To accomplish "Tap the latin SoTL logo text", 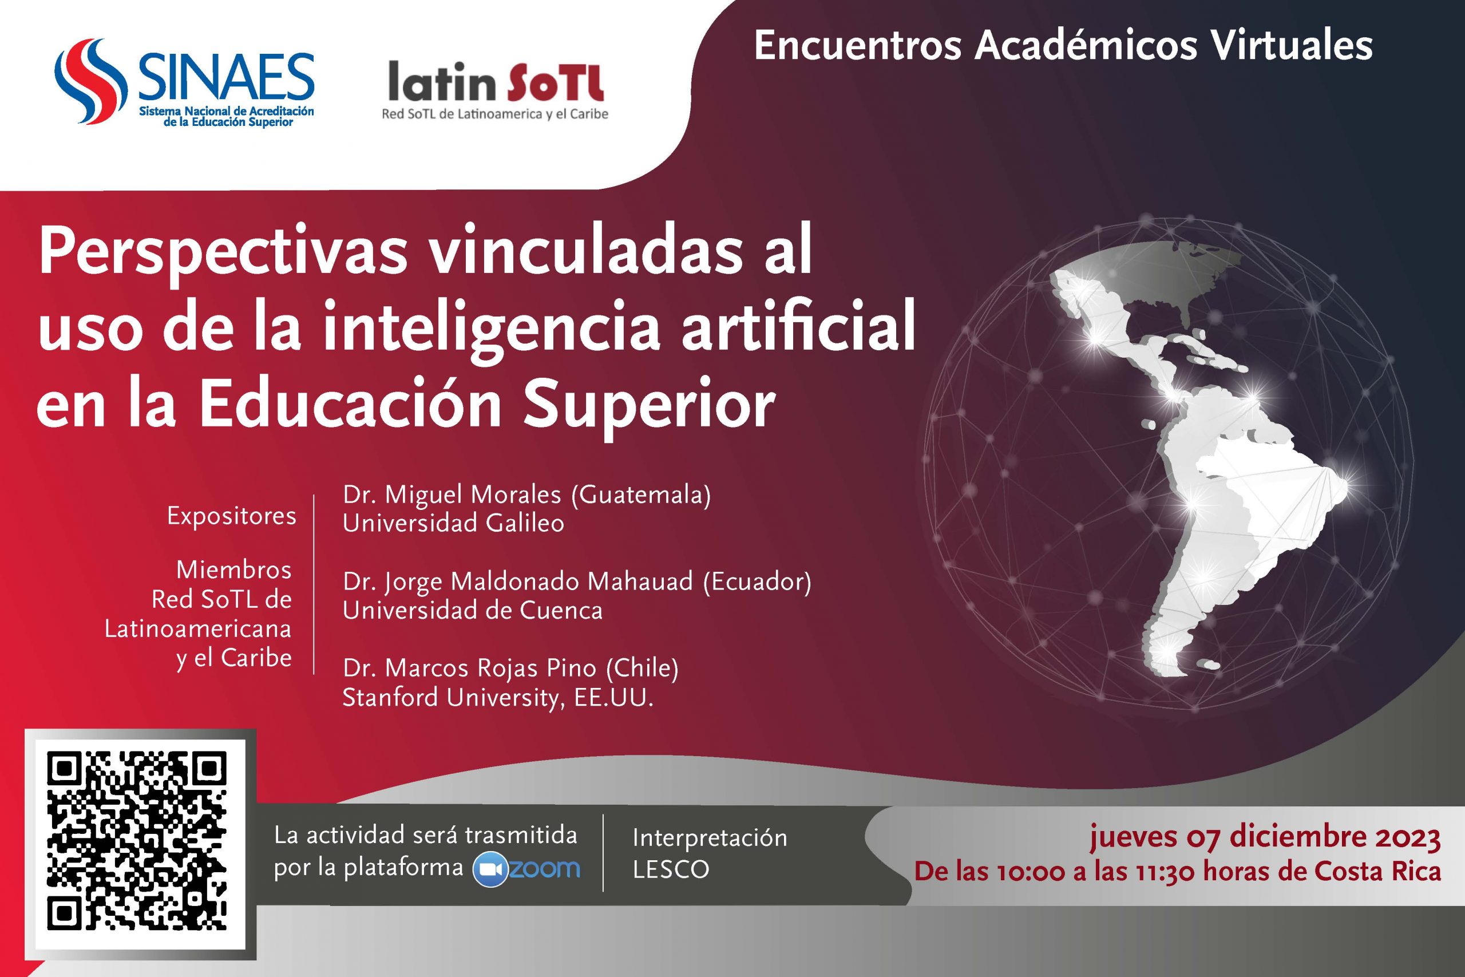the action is point(496,82).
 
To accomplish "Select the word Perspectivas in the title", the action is point(223,252).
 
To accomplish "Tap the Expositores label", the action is point(232,516).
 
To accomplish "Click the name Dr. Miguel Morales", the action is point(452,495).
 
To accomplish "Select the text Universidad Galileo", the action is point(453,523).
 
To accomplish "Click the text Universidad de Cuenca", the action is point(473,610).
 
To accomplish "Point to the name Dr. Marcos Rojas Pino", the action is point(462,669).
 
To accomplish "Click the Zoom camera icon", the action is point(490,870).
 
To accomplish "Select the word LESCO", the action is point(671,869).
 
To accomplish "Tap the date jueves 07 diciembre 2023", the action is point(1265,837).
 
